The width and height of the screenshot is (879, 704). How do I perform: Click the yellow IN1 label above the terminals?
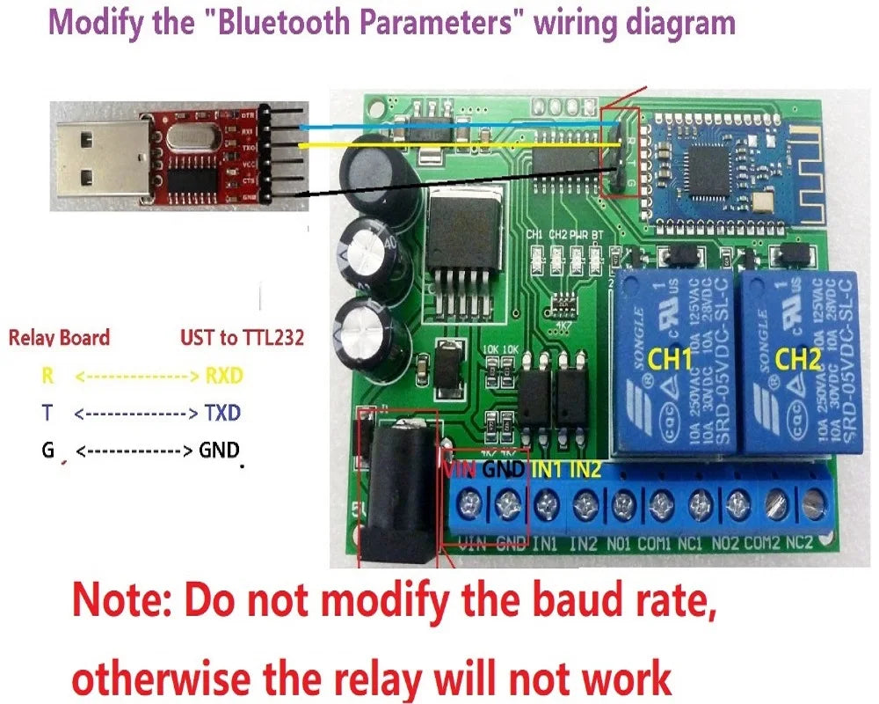point(548,469)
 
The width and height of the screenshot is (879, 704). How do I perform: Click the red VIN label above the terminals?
point(459,469)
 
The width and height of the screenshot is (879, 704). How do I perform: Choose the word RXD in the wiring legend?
point(223,377)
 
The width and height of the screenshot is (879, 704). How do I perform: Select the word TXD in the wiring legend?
point(222,413)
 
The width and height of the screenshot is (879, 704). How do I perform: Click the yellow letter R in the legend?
point(47,377)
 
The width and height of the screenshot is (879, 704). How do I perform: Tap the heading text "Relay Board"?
point(59,337)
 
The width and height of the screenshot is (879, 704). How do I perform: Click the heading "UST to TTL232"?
point(242,337)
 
